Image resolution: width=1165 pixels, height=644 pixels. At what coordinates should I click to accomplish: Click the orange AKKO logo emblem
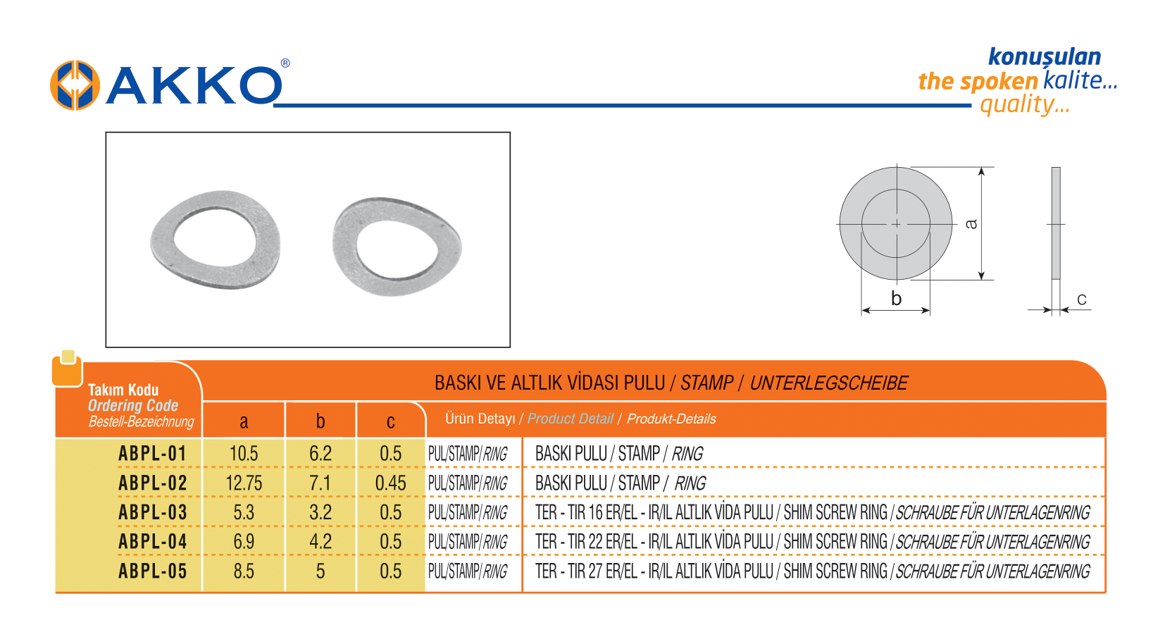tap(75, 85)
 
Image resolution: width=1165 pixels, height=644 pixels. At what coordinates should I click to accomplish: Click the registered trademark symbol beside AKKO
tap(285, 63)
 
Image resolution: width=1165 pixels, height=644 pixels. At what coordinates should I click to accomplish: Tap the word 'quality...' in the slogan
tap(1025, 105)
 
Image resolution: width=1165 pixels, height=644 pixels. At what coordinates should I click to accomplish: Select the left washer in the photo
tap(216, 240)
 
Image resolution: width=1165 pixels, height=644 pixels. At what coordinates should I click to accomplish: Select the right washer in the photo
tap(397, 247)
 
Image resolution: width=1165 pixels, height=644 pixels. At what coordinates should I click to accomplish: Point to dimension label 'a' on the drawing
tap(971, 223)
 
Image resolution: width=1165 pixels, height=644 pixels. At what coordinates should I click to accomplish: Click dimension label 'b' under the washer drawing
tap(896, 299)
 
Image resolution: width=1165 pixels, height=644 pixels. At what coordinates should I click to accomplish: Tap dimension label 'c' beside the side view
tap(1082, 299)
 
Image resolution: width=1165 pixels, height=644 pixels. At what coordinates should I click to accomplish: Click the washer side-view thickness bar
tap(1056, 223)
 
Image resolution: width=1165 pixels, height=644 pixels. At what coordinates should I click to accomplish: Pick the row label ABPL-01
tap(152, 454)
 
